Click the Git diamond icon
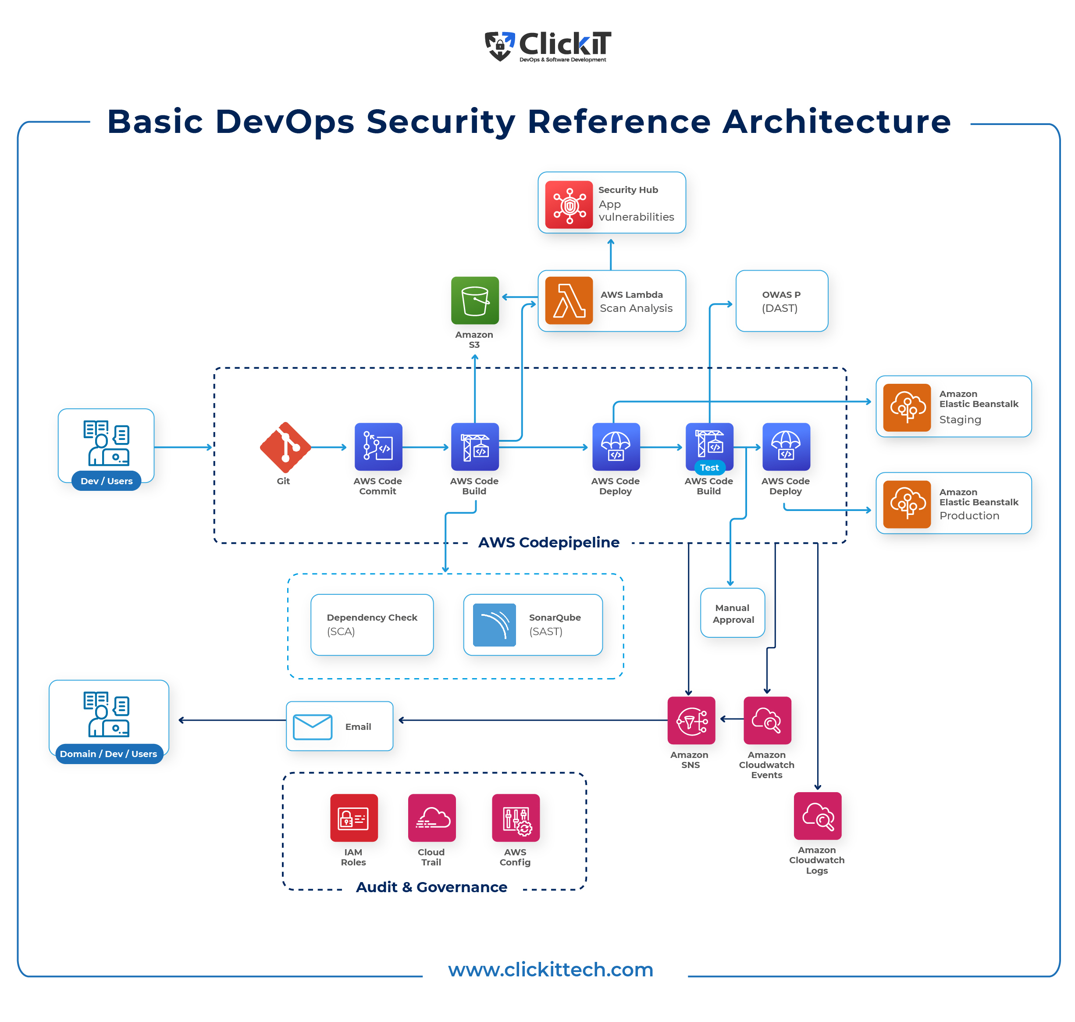[285, 447]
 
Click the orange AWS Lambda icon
[569, 301]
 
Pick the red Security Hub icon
[569, 204]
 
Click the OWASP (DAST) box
[781, 301]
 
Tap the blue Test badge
[709, 468]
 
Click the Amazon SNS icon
[691, 720]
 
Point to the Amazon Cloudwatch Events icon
[767, 720]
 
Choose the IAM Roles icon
[353, 818]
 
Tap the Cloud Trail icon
[431, 818]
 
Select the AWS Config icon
[515, 818]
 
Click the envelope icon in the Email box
[312, 727]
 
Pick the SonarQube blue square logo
[494, 625]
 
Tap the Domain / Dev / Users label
[108, 754]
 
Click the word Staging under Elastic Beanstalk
[960, 419]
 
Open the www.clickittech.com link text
[550, 970]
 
